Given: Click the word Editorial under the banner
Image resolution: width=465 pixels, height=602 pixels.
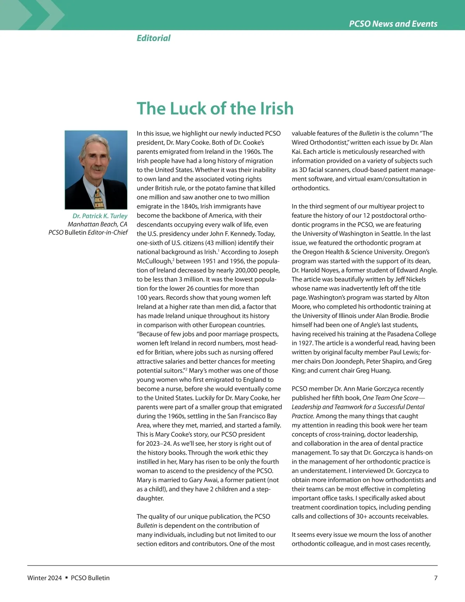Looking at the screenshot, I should pos(153,38).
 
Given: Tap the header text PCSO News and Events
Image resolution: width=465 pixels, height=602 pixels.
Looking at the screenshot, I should pos(393,24).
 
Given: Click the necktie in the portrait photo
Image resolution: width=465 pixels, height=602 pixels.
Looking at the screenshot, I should pos(98,198).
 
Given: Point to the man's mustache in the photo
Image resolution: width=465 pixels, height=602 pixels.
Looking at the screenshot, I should pos(96,169).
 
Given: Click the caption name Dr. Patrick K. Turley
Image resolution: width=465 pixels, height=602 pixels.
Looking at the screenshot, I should pos(100,216).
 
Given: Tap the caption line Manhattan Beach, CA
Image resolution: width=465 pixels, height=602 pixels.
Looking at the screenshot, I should pos(97,224).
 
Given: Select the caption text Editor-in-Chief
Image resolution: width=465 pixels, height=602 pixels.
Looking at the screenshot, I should pos(108,233).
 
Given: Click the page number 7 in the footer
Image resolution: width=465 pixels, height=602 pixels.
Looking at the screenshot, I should pos(436,578).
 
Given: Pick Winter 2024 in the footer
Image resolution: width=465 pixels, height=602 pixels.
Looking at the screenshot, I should pos(45,578).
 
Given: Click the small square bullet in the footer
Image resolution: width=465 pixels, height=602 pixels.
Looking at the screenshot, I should pos(66,578).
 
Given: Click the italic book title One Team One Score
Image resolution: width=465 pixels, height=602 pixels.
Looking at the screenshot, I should pos(390,398).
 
